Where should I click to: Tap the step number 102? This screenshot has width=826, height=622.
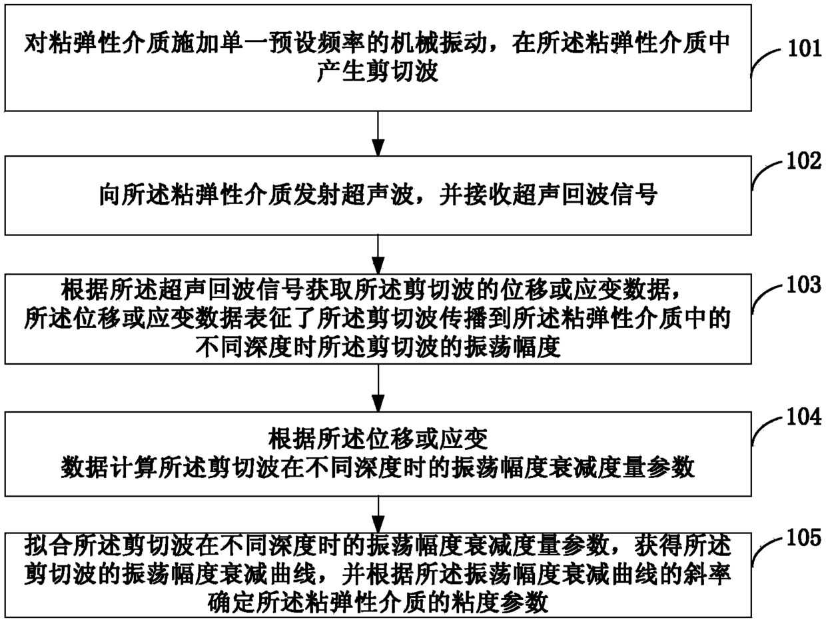point(804,161)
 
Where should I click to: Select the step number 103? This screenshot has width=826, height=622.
point(804,285)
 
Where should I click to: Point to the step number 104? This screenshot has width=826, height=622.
point(804,417)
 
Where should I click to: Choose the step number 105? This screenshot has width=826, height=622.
point(804,537)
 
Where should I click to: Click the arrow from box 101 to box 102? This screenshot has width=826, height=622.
point(378,133)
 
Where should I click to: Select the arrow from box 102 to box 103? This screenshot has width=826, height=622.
point(378,255)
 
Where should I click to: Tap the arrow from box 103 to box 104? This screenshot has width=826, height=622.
point(378,388)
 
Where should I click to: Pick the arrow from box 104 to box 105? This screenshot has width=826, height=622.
point(378,514)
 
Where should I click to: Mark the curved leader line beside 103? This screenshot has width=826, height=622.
point(768,299)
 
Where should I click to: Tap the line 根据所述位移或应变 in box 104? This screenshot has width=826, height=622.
point(378,439)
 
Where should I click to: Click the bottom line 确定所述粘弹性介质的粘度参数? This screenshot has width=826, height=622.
point(378,603)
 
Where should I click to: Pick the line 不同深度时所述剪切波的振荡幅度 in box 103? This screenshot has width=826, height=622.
point(378,347)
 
